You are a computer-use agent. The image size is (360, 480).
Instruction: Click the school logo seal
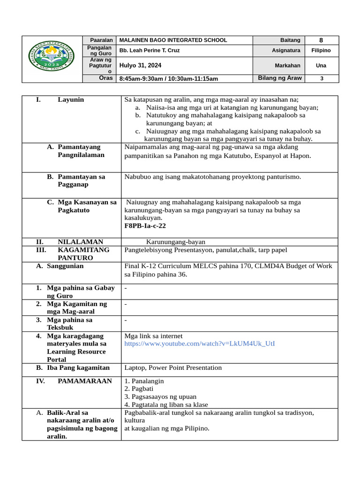(52, 60)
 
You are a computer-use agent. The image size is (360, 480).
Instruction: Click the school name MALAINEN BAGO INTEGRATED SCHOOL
(173, 40)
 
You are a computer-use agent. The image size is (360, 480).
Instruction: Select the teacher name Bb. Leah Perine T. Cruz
(150, 51)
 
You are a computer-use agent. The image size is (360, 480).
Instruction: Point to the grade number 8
(321, 40)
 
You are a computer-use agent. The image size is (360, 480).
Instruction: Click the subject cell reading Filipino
(321, 51)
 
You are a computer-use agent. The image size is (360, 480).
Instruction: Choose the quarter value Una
(321, 66)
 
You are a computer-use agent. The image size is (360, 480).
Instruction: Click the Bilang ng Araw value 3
(322, 79)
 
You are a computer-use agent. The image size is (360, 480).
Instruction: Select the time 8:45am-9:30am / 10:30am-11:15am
(169, 79)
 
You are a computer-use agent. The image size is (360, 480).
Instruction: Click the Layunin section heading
(71, 100)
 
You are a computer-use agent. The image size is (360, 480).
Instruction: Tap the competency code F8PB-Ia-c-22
(145, 226)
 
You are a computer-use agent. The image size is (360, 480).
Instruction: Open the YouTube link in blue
(200, 344)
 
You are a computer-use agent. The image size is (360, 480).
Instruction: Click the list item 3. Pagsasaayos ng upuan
(159, 397)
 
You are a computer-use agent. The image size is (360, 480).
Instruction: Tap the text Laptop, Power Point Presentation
(173, 368)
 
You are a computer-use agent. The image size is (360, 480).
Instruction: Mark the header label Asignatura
(286, 51)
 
